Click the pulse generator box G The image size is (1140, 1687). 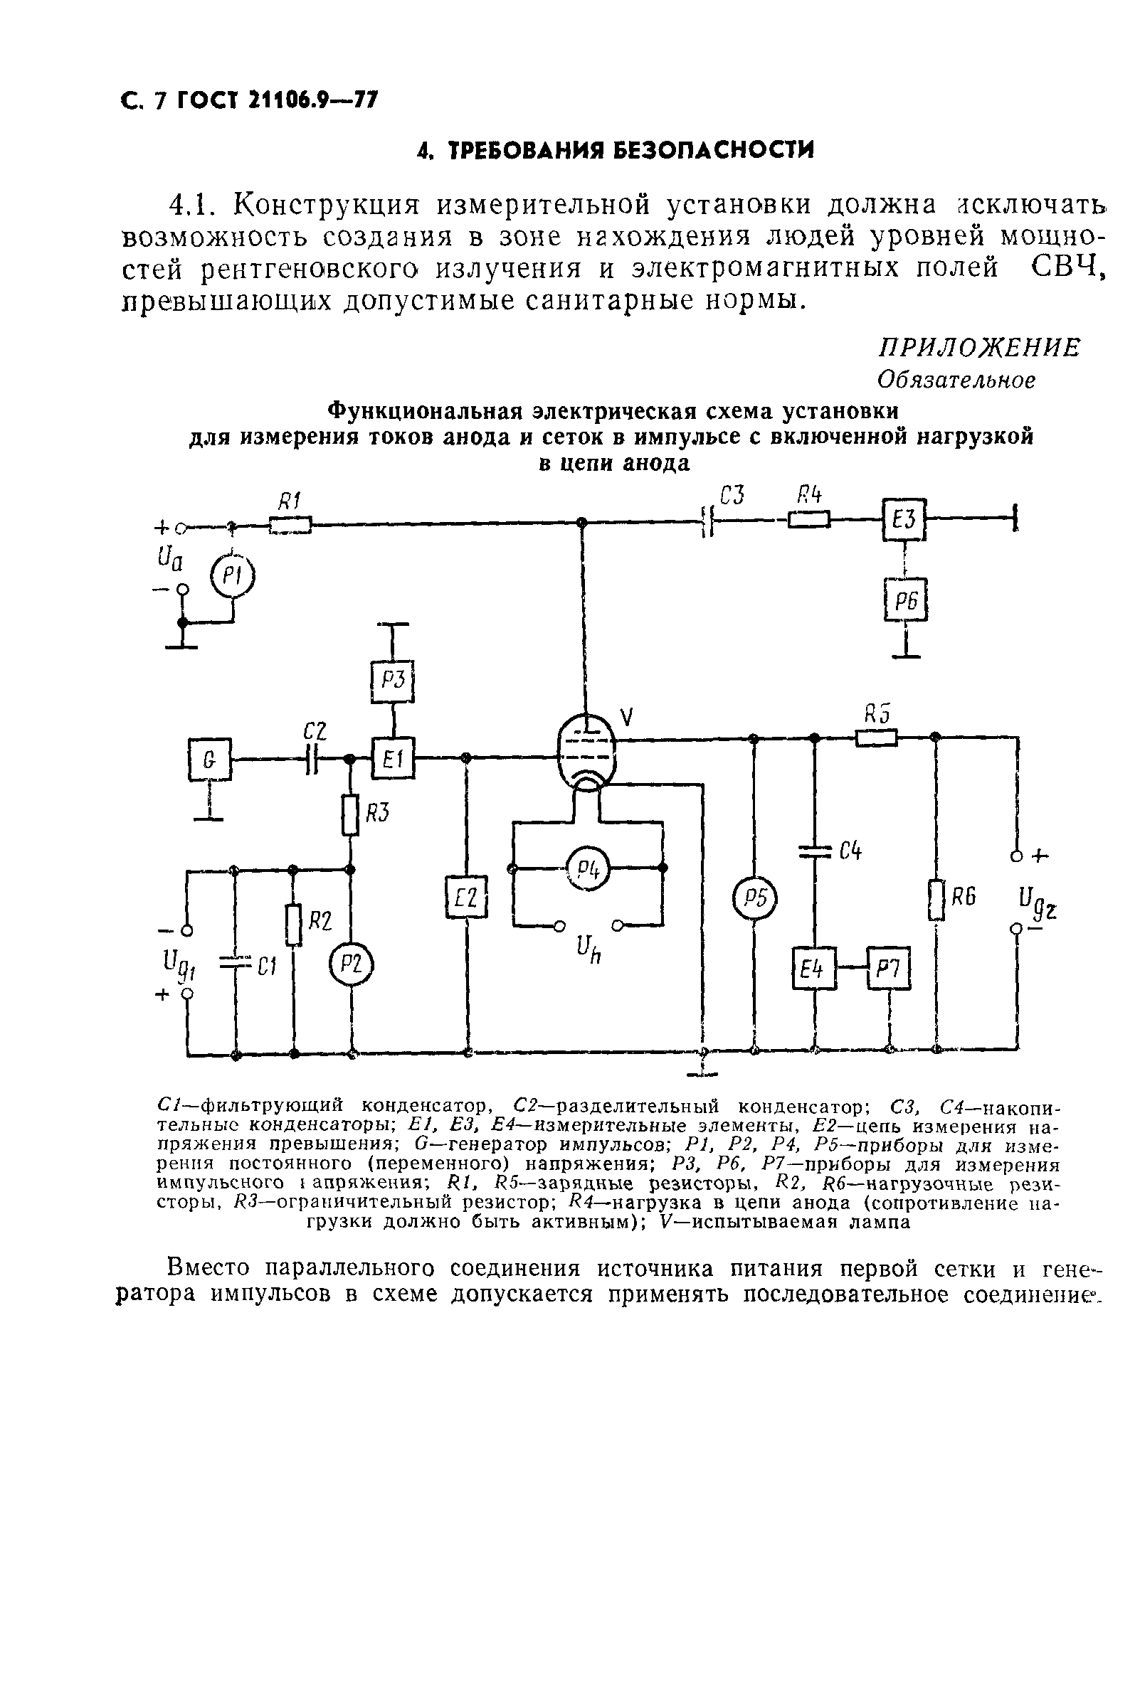pyautogui.click(x=209, y=760)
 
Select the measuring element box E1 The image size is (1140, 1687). pyautogui.click(x=393, y=760)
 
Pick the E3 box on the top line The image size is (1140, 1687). pyautogui.click(x=904, y=519)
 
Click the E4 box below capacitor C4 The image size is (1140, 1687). pyautogui.click(x=814, y=969)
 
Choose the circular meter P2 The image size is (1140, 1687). pyautogui.click(x=352, y=964)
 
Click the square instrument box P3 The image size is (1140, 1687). pyautogui.click(x=393, y=681)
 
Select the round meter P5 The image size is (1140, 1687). pyautogui.click(x=754, y=899)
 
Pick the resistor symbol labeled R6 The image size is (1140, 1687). pyautogui.click(x=936, y=900)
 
